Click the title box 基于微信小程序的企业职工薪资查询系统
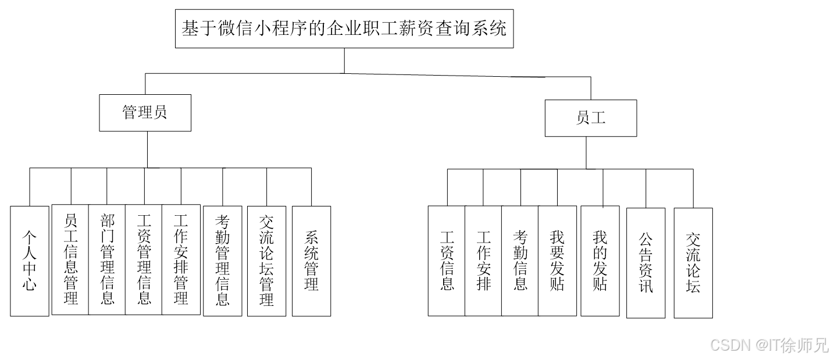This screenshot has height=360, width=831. (344, 28)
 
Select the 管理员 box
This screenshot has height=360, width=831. (145, 113)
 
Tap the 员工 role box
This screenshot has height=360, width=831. (590, 118)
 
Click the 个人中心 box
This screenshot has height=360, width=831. (30, 261)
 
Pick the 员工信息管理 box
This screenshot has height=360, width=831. (70, 259)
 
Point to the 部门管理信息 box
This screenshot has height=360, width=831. (107, 259)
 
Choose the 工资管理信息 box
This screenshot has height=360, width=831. (144, 259)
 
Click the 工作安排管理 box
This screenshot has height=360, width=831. (180, 259)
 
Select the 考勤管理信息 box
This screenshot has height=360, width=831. (222, 261)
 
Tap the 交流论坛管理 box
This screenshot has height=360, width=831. (266, 261)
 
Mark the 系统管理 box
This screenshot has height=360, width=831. (311, 261)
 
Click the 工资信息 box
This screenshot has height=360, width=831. (447, 261)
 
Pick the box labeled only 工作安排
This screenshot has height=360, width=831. (483, 261)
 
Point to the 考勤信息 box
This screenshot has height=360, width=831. (520, 261)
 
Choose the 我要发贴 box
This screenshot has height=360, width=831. (557, 261)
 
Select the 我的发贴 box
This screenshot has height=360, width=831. (600, 261)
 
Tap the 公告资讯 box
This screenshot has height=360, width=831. (645, 262)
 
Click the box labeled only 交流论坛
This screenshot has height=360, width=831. (693, 262)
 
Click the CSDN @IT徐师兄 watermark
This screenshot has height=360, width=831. (768, 344)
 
